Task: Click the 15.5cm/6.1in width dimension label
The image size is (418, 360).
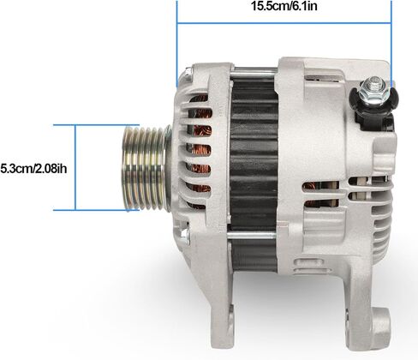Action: click(x=284, y=6)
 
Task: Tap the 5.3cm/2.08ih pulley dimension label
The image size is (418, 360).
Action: click(x=33, y=169)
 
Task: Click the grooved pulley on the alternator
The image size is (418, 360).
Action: click(x=146, y=169)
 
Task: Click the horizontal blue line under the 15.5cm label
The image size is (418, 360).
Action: click(x=284, y=22)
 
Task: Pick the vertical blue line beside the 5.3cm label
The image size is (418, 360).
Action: click(x=75, y=168)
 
